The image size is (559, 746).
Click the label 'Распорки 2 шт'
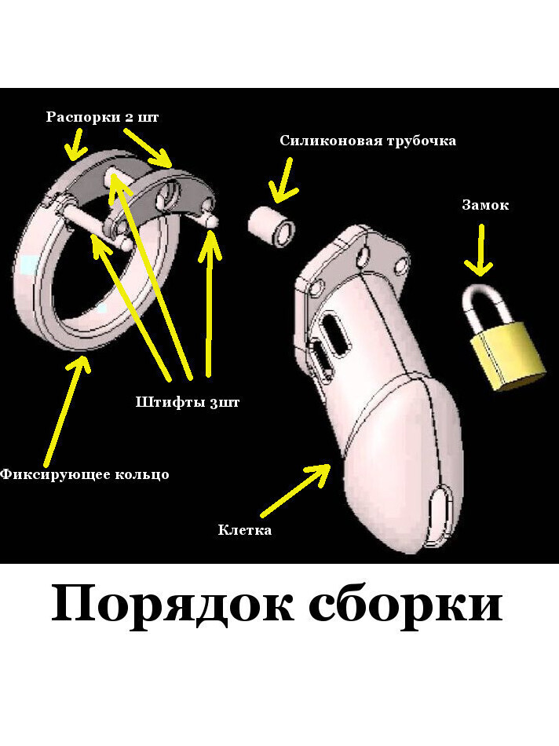coord(102,117)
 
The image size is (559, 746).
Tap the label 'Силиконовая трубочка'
coord(367,141)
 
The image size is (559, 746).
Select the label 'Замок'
coord(484,205)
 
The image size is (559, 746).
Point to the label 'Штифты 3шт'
coord(187,403)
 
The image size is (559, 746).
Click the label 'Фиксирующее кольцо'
coord(84,474)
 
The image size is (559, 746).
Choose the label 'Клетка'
coord(245,530)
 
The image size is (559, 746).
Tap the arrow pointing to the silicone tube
coord(282,180)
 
